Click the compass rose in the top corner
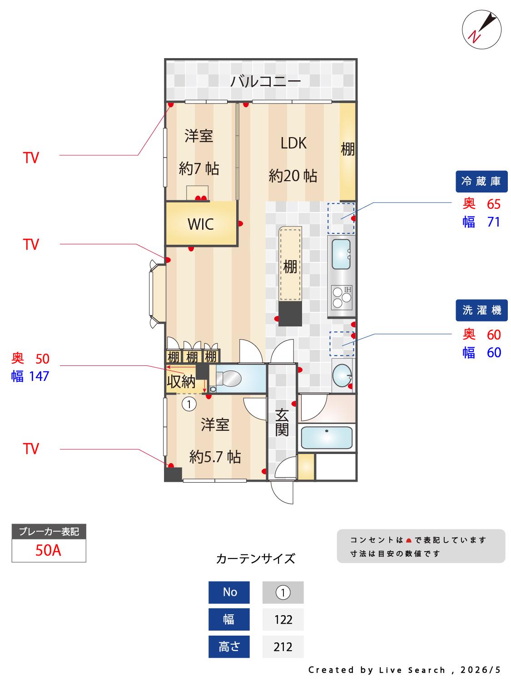pyautogui.click(x=481, y=30)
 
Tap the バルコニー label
pyautogui.click(x=265, y=81)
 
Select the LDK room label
pyautogui.click(x=293, y=143)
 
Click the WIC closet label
pyautogui.click(x=200, y=224)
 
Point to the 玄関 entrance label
pyautogui.click(x=282, y=422)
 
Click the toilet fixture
pyautogui.click(x=228, y=379)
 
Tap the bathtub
pyautogui.click(x=327, y=438)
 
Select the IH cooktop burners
pyautogui.click(x=341, y=297)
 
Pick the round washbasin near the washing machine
pyautogui.click(x=342, y=375)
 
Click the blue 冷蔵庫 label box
pyautogui.click(x=481, y=181)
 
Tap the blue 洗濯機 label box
pyautogui.click(x=481, y=310)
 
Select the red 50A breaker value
pyautogui.click(x=48, y=550)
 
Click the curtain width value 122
pyautogui.click(x=283, y=620)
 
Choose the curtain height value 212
pyautogui.click(x=283, y=647)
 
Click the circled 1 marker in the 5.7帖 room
pyautogui.click(x=189, y=404)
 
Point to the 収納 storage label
pyautogui.click(x=181, y=382)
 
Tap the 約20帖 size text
pyautogui.click(x=293, y=176)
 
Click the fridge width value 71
pyautogui.click(x=493, y=222)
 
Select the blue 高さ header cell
pyautogui.click(x=228, y=647)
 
